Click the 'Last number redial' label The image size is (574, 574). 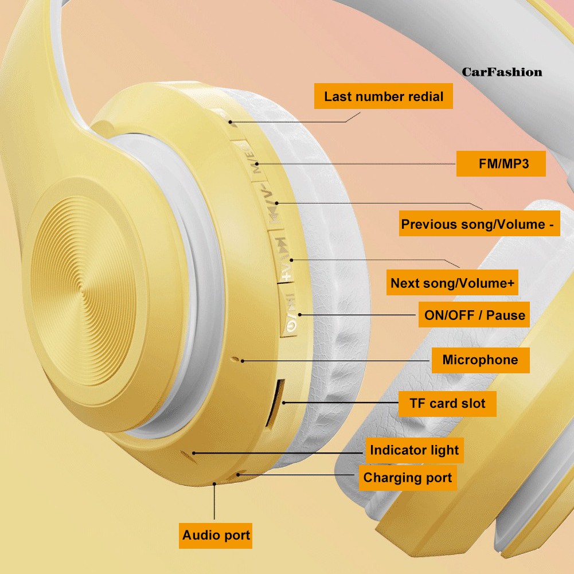[383, 96]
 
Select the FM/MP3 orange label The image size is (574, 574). [501, 163]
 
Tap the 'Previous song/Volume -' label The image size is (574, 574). [479, 223]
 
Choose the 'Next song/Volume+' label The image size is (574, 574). [452, 282]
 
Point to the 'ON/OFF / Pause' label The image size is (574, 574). [474, 314]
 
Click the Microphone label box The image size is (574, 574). [481, 360]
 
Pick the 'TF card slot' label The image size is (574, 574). [447, 404]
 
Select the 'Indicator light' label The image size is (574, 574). [415, 450]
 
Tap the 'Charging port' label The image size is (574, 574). [408, 478]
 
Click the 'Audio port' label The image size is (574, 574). [216, 536]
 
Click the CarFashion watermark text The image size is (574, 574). [502, 72]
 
